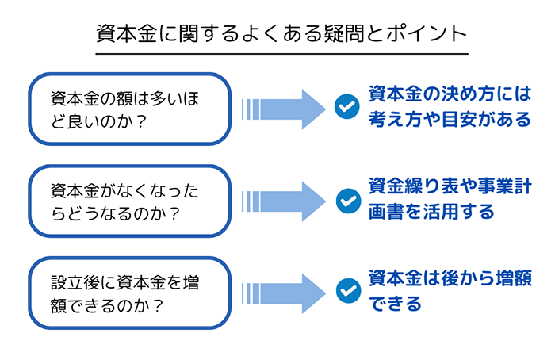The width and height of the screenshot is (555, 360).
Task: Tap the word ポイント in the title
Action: point(427,33)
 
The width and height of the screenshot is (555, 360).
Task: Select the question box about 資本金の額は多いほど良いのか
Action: point(129,109)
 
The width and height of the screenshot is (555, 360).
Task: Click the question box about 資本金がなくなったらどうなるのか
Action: point(129,201)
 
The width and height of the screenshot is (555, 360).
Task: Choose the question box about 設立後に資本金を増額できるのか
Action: point(129,293)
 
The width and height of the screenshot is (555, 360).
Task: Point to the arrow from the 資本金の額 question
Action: point(283,109)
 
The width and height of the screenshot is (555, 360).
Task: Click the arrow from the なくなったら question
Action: point(283,201)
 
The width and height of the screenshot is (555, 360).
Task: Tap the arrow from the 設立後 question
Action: point(283,293)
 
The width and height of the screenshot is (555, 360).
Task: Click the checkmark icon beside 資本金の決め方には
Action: point(347,106)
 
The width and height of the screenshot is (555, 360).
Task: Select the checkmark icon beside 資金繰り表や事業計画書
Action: point(348,201)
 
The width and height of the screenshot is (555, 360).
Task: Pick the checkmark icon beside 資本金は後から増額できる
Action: point(348,291)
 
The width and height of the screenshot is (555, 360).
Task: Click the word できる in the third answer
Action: point(395,304)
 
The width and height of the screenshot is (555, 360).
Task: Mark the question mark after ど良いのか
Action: point(141,122)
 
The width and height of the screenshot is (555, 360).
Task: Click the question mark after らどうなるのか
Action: point(174,214)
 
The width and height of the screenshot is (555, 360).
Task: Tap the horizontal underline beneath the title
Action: point(281,54)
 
